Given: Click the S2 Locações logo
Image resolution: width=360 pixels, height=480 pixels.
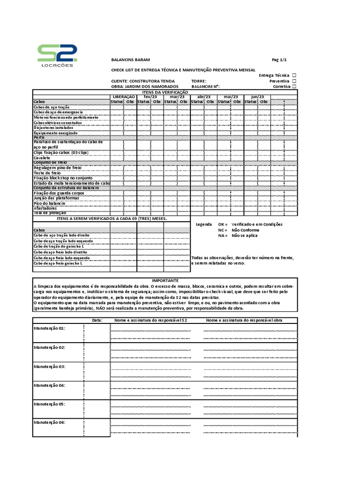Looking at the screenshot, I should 57,56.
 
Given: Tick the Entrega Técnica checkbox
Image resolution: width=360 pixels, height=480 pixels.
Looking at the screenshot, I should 294,75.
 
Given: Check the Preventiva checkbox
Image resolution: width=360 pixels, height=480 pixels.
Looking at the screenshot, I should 294,81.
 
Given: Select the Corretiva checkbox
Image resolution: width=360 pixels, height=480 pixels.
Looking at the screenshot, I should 294,87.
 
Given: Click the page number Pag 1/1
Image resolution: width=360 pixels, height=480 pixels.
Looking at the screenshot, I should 279,60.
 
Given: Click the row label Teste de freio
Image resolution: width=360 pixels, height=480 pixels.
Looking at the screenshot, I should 47,173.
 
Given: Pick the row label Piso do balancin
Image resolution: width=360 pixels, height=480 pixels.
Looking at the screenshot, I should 49,203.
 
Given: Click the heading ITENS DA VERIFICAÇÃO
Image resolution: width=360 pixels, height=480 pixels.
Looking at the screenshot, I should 165,92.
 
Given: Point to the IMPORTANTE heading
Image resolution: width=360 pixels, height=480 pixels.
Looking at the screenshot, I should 165,280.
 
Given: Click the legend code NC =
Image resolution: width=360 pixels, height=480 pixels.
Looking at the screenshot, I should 222,230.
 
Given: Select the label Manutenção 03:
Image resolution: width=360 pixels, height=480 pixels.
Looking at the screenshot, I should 49,366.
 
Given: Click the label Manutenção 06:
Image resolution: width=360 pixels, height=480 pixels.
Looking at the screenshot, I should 49,422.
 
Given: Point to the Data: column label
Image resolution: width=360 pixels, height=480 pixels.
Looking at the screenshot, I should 97,321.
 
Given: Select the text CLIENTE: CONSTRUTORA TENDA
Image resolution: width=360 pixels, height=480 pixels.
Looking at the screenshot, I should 142,81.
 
